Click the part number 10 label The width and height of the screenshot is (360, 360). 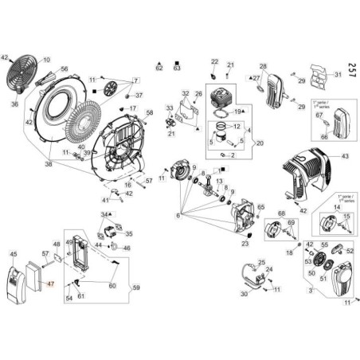[x=45, y=60]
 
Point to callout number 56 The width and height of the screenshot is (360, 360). [x=65, y=69]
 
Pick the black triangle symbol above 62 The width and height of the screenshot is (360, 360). [x=158, y=61]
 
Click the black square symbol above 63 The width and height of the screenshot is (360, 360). [x=176, y=61]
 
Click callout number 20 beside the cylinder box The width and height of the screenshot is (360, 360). [x=256, y=143]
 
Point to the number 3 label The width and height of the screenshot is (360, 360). [x=309, y=292]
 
